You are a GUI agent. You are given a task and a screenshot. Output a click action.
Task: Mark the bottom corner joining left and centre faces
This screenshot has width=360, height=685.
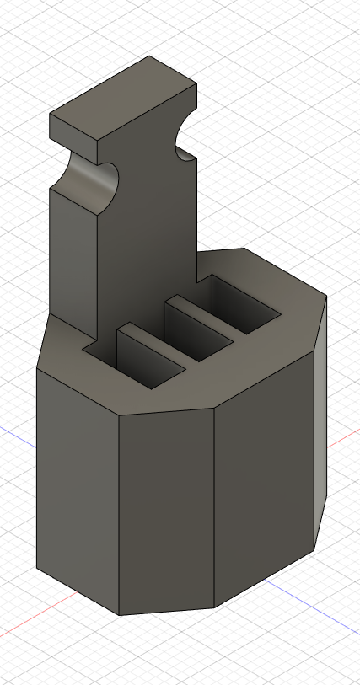(119, 614)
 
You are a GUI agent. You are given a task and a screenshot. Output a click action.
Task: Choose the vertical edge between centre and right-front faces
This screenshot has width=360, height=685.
(214, 506)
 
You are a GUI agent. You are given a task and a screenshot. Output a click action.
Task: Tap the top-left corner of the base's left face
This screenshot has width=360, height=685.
(38, 367)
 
